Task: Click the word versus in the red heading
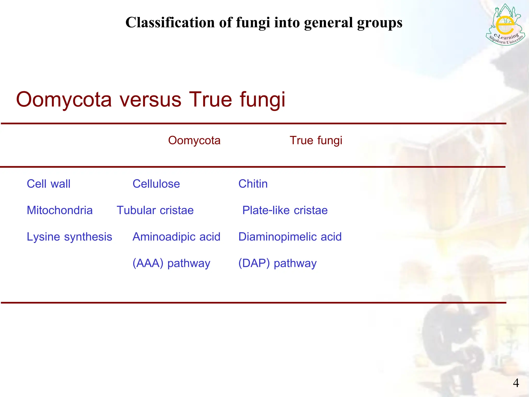(x=150, y=100)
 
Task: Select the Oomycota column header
(x=194, y=141)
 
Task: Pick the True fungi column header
(x=316, y=141)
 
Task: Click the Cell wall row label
(x=49, y=184)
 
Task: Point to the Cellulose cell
(x=156, y=184)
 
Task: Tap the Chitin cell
(x=253, y=184)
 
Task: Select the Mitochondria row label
(x=60, y=210)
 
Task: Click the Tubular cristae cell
(x=155, y=210)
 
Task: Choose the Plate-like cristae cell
(x=285, y=210)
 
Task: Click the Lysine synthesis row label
(x=69, y=237)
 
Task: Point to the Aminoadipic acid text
(x=176, y=237)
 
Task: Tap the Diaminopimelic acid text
(x=290, y=237)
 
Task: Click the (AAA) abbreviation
(x=148, y=263)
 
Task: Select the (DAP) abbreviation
(x=254, y=263)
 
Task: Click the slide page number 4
(x=516, y=383)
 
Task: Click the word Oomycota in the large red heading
(x=64, y=100)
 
